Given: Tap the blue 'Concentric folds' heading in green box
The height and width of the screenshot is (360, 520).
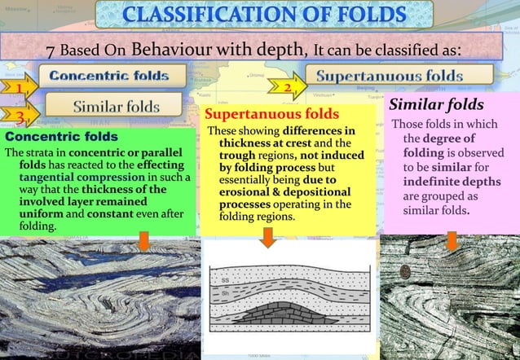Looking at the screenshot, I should click(60, 136).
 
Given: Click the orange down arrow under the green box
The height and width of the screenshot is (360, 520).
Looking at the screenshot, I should click(143, 241).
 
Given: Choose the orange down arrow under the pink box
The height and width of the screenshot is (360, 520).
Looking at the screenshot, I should click(451, 240).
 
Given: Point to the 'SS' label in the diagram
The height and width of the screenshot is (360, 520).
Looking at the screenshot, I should click(225, 282).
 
